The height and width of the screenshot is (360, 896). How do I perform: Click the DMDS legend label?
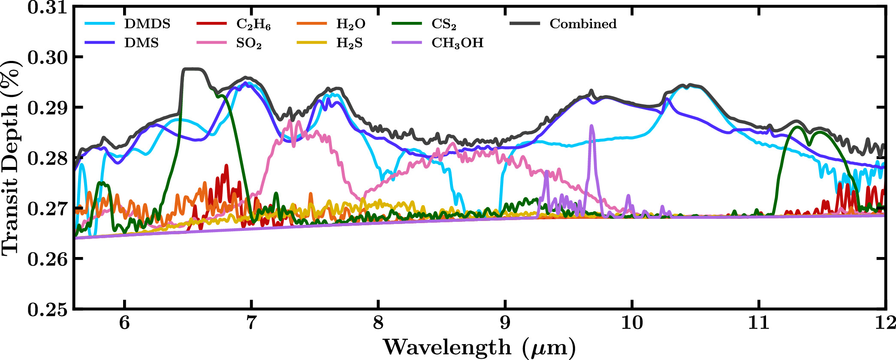click(147, 24)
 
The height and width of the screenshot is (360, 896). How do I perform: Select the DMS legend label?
click(142, 43)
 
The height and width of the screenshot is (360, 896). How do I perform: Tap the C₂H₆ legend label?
click(253, 24)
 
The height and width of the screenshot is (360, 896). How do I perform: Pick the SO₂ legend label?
click(249, 44)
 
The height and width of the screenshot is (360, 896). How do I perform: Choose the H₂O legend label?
click(351, 24)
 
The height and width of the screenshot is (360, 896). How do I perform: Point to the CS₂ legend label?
click(444, 24)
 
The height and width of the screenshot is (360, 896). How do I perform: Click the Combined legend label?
click(583, 24)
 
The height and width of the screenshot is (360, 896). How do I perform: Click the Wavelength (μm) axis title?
click(480, 348)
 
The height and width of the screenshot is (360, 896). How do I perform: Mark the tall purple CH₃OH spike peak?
click(592, 126)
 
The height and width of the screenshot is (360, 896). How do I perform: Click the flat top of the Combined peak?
click(192, 69)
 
